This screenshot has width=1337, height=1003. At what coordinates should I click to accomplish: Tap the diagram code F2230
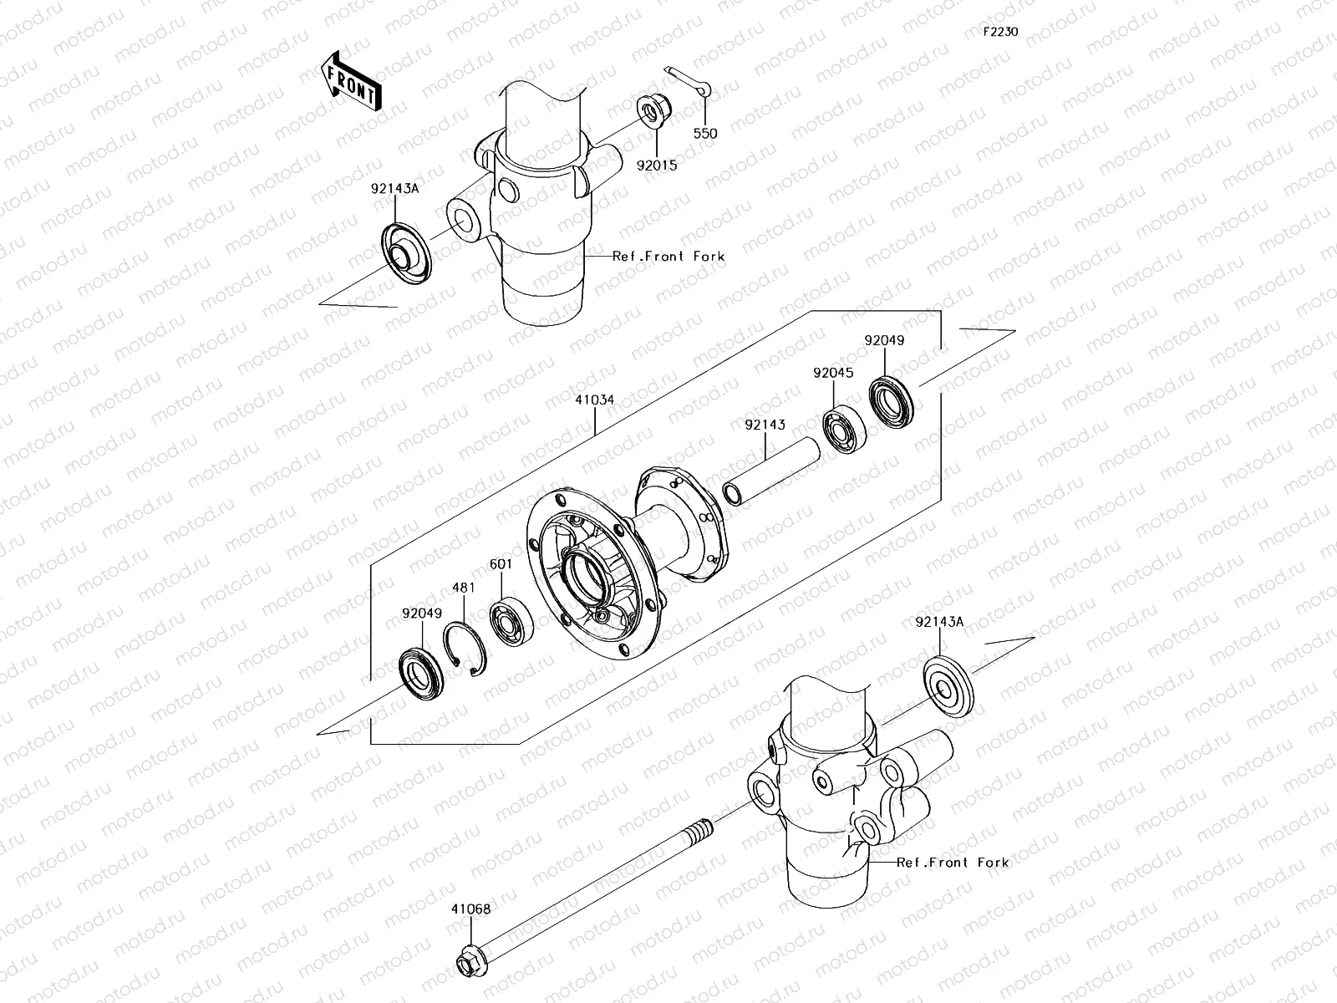[x=999, y=32]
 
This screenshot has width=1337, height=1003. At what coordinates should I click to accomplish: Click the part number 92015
[x=657, y=165]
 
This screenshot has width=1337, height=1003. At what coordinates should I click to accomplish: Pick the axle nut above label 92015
[x=651, y=111]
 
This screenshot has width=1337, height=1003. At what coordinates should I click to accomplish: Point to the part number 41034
[x=594, y=400]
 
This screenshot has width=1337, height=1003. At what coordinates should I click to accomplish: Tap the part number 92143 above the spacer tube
[x=765, y=425]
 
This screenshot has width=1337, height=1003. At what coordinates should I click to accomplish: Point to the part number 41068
[x=471, y=909]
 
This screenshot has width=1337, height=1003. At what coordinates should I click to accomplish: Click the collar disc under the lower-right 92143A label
[x=948, y=688]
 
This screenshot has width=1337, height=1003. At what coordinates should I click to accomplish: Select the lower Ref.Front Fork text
[x=953, y=863]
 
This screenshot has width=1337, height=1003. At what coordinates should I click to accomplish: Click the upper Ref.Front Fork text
[x=668, y=257]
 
